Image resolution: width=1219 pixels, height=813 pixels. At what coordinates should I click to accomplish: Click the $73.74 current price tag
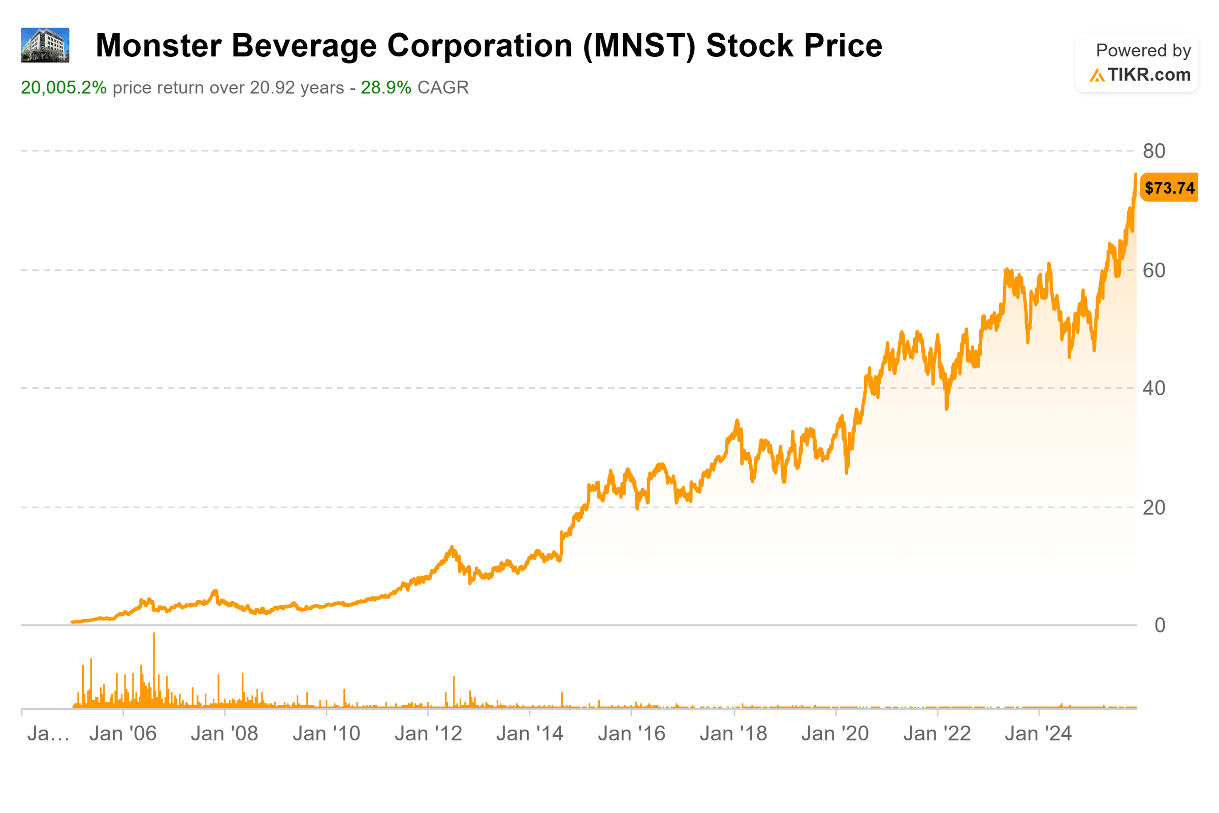[x=1169, y=187]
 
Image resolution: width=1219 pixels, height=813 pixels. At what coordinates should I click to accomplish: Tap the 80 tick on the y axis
[x=1153, y=151]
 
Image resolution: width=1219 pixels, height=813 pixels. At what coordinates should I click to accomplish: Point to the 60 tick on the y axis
[x=1153, y=271]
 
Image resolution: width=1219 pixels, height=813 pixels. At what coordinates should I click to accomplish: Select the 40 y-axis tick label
[x=1153, y=388]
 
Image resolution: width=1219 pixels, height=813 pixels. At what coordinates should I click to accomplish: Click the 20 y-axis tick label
[x=1153, y=508]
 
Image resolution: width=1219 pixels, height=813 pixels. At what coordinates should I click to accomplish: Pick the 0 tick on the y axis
[x=1160, y=626]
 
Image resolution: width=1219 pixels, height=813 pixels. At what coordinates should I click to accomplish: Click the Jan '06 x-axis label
[x=123, y=734]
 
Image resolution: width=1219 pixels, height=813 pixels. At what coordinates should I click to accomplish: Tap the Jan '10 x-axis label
[x=327, y=734]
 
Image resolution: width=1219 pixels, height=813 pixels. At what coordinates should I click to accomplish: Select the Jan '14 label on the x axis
[x=530, y=734]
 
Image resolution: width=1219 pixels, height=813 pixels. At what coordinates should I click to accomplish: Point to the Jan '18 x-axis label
[x=733, y=734]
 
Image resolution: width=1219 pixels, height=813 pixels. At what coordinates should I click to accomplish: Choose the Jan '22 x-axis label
[x=937, y=734]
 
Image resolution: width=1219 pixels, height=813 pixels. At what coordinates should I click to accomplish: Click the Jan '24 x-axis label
[x=1038, y=734]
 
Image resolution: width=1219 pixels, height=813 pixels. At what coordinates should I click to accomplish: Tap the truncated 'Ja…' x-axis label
[x=48, y=734]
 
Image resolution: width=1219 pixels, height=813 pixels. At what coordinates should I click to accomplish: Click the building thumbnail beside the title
[x=45, y=45]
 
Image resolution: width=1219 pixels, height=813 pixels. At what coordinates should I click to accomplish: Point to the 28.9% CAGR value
[x=386, y=87]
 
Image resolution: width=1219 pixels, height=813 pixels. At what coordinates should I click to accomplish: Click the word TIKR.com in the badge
[x=1149, y=75]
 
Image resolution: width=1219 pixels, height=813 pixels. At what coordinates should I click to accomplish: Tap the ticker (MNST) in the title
[x=639, y=46]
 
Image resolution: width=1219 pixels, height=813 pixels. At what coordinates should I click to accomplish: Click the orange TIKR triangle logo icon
[x=1097, y=76]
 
